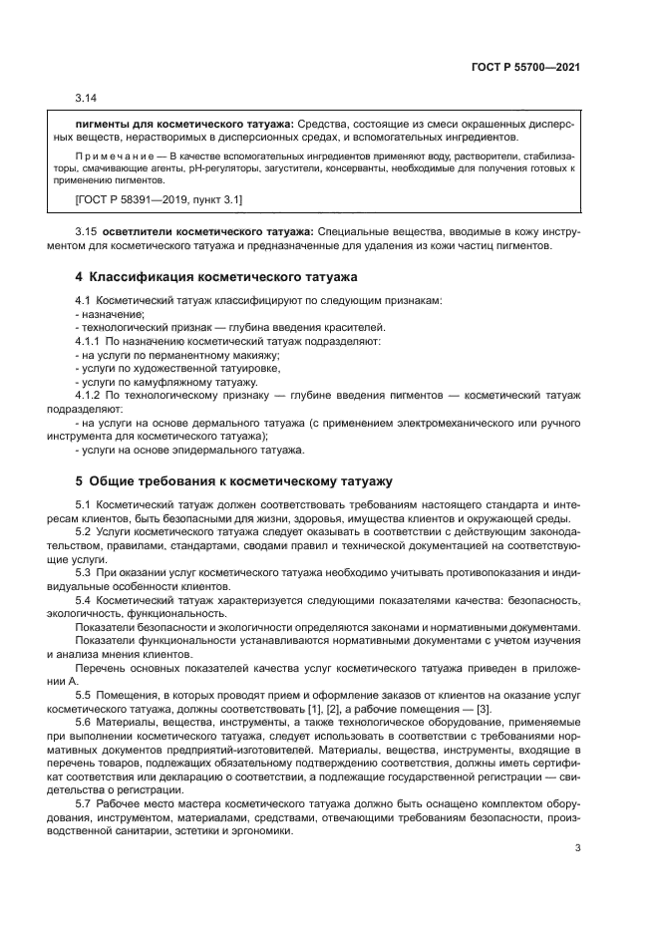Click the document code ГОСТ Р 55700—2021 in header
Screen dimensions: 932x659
(x=524, y=68)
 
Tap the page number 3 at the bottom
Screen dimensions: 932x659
(x=578, y=848)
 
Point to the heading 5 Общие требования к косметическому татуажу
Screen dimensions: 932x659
(x=234, y=479)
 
